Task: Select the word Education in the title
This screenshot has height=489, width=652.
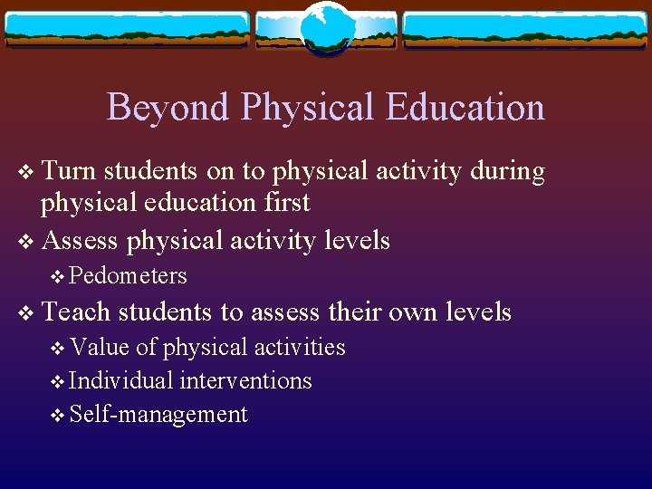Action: [x=465, y=107]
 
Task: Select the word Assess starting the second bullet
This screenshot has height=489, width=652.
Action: [x=80, y=241]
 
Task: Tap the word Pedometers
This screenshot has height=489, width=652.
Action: [x=128, y=275]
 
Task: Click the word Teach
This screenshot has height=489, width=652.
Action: [x=76, y=312]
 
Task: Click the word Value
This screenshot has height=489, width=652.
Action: [x=100, y=347]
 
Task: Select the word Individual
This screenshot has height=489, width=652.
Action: [x=121, y=380]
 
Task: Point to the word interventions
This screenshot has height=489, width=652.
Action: [x=245, y=380]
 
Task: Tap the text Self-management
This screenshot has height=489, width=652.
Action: [x=158, y=415]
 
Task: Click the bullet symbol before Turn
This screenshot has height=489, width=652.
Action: [x=26, y=172]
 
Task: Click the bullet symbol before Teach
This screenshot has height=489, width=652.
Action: [x=26, y=313]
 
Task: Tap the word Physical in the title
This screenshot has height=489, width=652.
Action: [x=308, y=107]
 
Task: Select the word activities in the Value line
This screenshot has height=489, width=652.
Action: [x=299, y=347]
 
